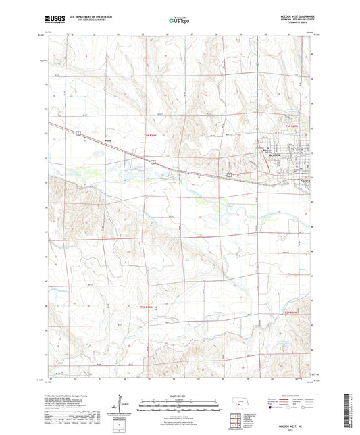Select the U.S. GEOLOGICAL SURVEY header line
[x=78, y=22]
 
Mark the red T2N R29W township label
[x=291, y=313]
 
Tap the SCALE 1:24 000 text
[x=179, y=394]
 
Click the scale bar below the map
[x=179, y=402]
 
